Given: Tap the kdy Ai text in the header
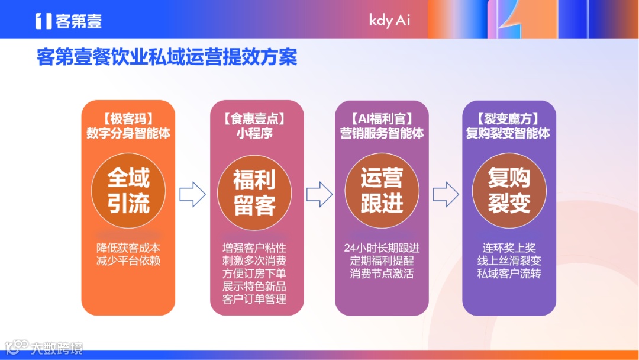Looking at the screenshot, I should coord(389,20).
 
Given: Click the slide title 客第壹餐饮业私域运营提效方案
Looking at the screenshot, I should coord(167,57).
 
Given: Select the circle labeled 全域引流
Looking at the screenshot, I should coord(128,191).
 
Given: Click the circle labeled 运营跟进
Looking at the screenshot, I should coord(382,191).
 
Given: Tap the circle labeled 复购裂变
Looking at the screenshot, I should coord(509,191).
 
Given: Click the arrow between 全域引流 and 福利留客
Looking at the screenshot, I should coord(192,194).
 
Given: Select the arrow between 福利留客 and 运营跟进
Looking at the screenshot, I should coord(319,194).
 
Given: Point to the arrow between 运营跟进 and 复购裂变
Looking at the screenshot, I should coord(446,194).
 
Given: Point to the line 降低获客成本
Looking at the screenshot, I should coord(128,247).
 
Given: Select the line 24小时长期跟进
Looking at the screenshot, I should coord(382,247).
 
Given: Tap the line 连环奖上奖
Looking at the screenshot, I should coord(509,247).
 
